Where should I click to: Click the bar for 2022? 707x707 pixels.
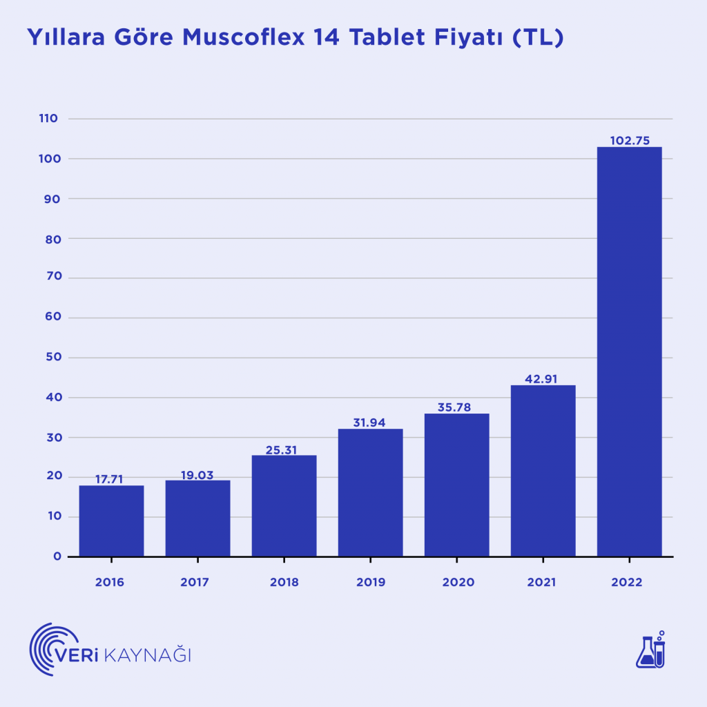pyautogui.click(x=629, y=352)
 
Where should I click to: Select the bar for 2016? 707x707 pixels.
pyautogui.click(x=111, y=521)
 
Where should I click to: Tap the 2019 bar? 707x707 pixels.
pyautogui.click(x=370, y=493)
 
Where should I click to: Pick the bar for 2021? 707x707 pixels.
pyautogui.click(x=543, y=471)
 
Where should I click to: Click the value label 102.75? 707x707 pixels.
pyautogui.click(x=629, y=140)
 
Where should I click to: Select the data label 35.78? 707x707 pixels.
pyautogui.click(x=456, y=407)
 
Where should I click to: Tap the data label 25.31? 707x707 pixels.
pyautogui.click(x=284, y=449)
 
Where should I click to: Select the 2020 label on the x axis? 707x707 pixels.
pyautogui.click(x=457, y=582)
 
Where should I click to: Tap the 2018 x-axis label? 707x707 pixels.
pyautogui.click(x=284, y=582)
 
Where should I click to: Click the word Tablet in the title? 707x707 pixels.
pyautogui.click(x=389, y=37)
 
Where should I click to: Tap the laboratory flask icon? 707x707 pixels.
pyautogui.click(x=650, y=650)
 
